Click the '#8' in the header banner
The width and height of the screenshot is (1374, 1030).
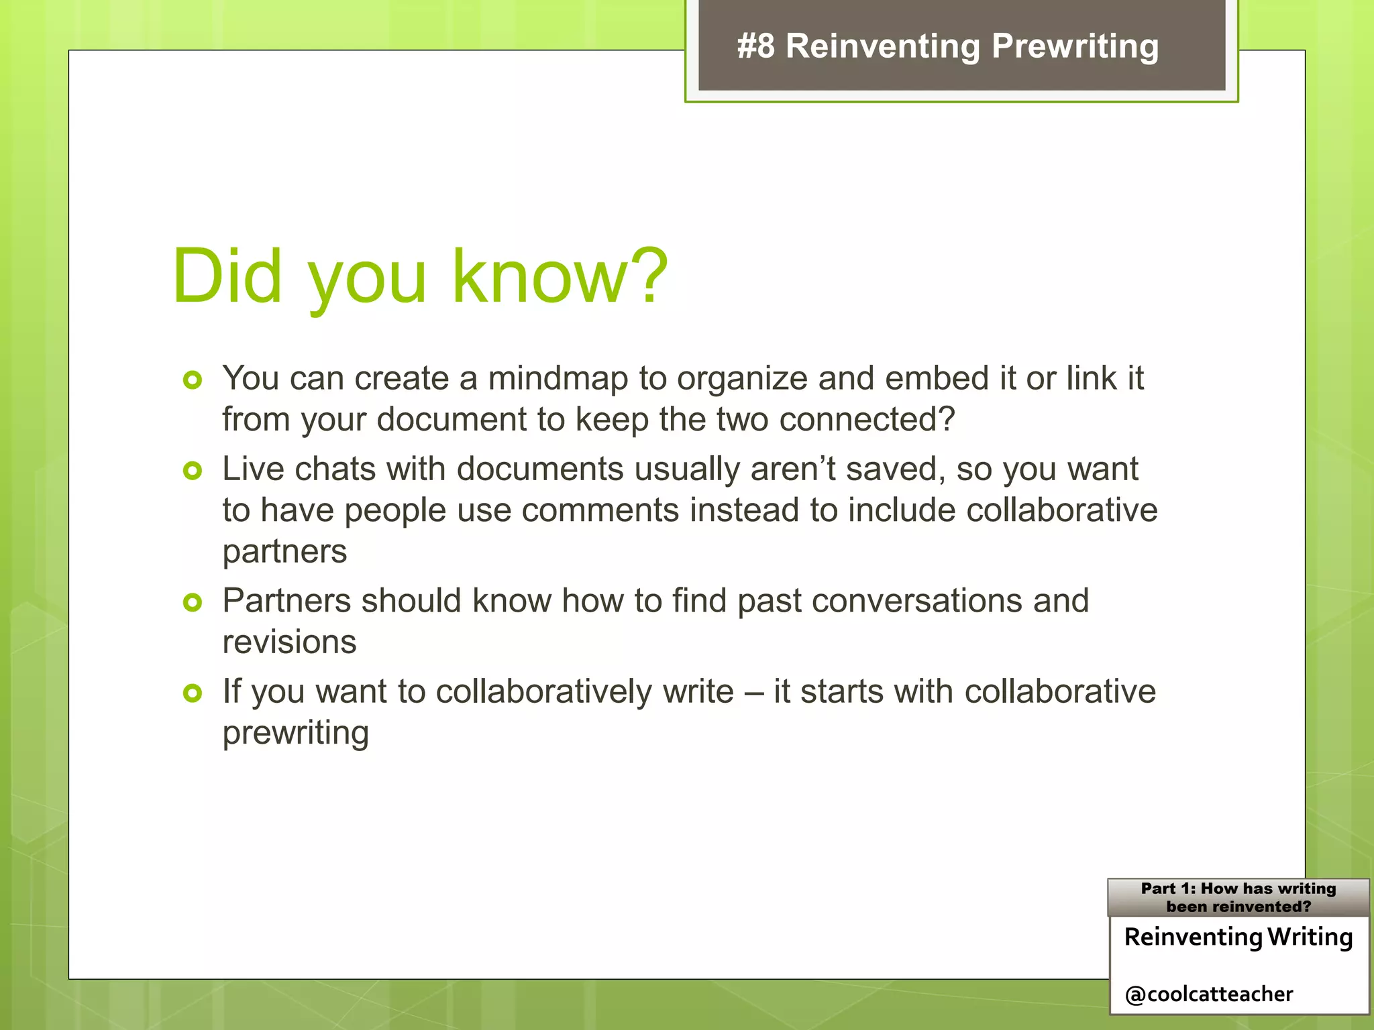point(755,46)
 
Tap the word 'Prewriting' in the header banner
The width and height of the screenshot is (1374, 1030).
point(1075,46)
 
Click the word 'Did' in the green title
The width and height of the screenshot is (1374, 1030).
point(227,276)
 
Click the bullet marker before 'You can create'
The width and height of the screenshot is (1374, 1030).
point(193,380)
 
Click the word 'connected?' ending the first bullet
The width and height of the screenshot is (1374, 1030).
point(867,420)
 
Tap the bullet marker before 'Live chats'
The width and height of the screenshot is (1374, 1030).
point(193,471)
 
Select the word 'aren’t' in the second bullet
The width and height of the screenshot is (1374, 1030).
point(792,469)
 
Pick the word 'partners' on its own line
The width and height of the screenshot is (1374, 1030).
point(284,552)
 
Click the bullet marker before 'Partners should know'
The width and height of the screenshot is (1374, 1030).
point(193,602)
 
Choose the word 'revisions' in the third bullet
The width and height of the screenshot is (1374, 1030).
point(289,642)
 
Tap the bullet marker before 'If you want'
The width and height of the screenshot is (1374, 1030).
point(193,693)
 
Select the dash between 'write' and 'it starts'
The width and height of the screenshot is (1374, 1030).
point(754,691)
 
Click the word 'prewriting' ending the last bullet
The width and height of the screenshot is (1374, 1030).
point(295,733)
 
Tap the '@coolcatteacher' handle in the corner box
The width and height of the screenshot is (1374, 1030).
point(1208,994)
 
